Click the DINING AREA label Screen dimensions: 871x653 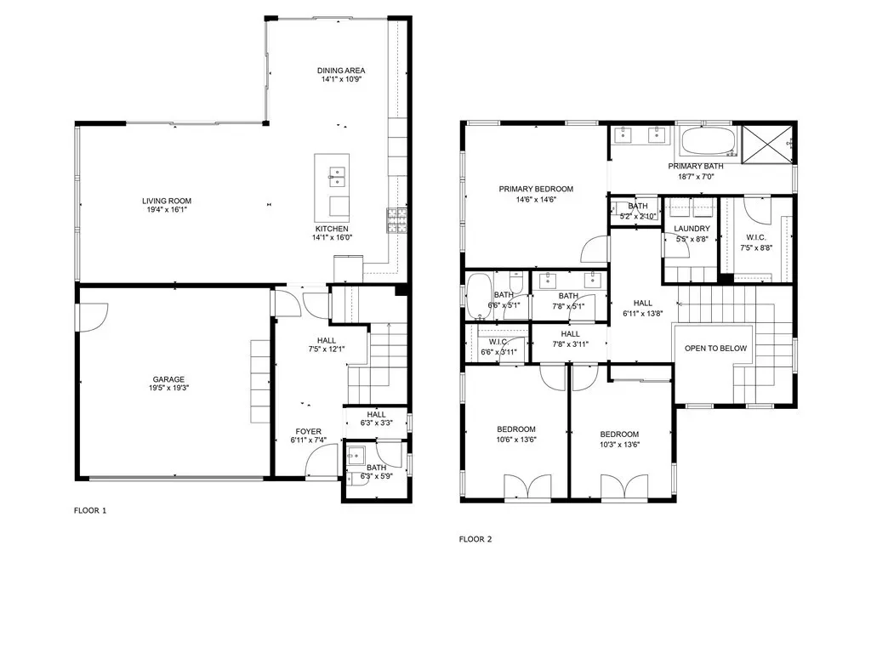[x=341, y=71]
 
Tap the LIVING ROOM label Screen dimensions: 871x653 [x=167, y=201]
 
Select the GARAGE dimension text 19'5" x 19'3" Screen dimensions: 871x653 [x=169, y=388]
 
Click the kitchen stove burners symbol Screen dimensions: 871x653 [x=396, y=220]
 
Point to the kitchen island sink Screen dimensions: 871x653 [x=337, y=177]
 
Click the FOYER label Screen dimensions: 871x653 [x=308, y=431]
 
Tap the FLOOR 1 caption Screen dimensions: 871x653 [x=90, y=510]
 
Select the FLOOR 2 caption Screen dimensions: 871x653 [x=475, y=538]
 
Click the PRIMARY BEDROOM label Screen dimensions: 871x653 [x=536, y=189]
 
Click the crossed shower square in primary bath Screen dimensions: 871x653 [x=767, y=145]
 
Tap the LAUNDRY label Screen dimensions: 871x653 [x=692, y=228]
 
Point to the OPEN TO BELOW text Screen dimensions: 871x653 [x=715, y=348]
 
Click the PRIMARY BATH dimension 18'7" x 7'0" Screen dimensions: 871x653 [x=696, y=177]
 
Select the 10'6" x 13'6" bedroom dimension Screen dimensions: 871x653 [x=516, y=440]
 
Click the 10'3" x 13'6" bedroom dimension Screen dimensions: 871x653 [x=620, y=444]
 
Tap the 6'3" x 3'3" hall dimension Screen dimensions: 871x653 [x=377, y=423]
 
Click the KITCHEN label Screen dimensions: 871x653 [x=333, y=229]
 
